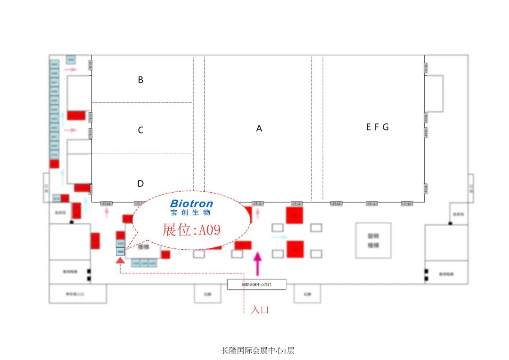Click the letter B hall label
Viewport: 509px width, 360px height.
[140, 80]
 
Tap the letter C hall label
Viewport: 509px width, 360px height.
[140, 131]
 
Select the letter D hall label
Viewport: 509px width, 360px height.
[140, 184]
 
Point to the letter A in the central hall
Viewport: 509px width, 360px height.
[259, 128]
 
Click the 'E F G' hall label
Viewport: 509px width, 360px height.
[378, 127]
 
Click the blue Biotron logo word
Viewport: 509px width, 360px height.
[191, 204]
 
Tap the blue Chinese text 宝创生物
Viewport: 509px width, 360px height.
[190, 213]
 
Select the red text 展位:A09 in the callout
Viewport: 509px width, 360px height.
[191, 230]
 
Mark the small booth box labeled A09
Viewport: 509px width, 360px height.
[121, 252]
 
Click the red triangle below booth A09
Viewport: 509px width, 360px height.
[121, 260]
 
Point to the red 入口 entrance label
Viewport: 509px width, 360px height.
[260, 310]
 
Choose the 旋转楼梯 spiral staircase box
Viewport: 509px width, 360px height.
[373, 240]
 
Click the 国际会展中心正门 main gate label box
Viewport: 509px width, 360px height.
[257, 285]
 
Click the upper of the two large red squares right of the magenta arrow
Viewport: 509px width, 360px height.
[295, 215]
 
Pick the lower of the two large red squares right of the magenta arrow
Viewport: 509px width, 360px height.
[295, 249]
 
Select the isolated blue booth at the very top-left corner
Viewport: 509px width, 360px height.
[71, 60]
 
